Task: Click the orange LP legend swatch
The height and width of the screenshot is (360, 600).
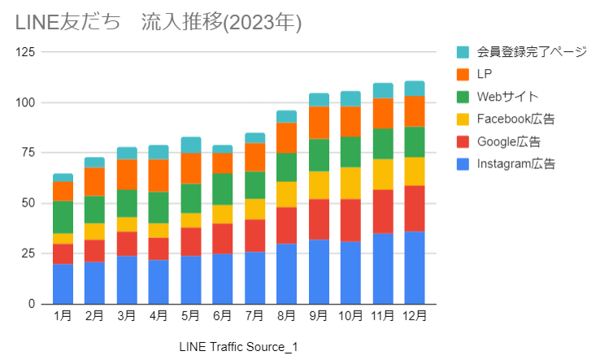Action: (x=463, y=75)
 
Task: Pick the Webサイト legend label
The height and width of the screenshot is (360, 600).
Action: (x=508, y=97)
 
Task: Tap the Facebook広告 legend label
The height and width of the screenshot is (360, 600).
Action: (x=515, y=119)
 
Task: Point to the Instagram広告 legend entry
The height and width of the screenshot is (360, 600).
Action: (x=515, y=164)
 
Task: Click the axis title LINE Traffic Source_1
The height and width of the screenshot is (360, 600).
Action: (x=238, y=347)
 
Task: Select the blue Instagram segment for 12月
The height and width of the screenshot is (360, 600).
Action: (x=415, y=267)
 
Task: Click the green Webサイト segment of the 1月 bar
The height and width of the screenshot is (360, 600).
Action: (x=63, y=217)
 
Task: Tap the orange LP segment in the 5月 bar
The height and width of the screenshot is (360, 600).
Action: (x=191, y=168)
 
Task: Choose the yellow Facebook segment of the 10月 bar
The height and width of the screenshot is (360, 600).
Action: (x=350, y=183)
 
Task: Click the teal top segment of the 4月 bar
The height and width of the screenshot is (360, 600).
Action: (x=159, y=152)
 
